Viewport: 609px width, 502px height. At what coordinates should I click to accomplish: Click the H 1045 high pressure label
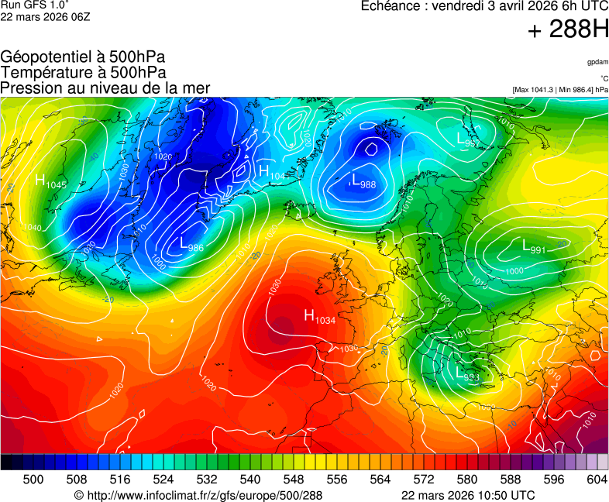51,181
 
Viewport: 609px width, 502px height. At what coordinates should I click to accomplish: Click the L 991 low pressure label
534,247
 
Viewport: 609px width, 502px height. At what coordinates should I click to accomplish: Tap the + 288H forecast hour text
568,30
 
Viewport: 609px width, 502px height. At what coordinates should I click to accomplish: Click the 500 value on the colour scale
33,480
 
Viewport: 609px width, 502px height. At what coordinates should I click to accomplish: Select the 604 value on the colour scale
596,480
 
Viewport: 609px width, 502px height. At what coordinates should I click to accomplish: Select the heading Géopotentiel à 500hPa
83,57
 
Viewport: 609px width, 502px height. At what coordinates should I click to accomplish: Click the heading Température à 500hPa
83,72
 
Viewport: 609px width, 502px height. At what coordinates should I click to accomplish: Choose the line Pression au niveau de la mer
105,88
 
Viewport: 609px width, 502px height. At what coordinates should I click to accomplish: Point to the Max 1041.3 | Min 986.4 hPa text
560,90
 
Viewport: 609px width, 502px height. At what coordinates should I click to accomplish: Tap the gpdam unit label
597,61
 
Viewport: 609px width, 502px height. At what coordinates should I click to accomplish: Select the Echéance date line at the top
485,6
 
